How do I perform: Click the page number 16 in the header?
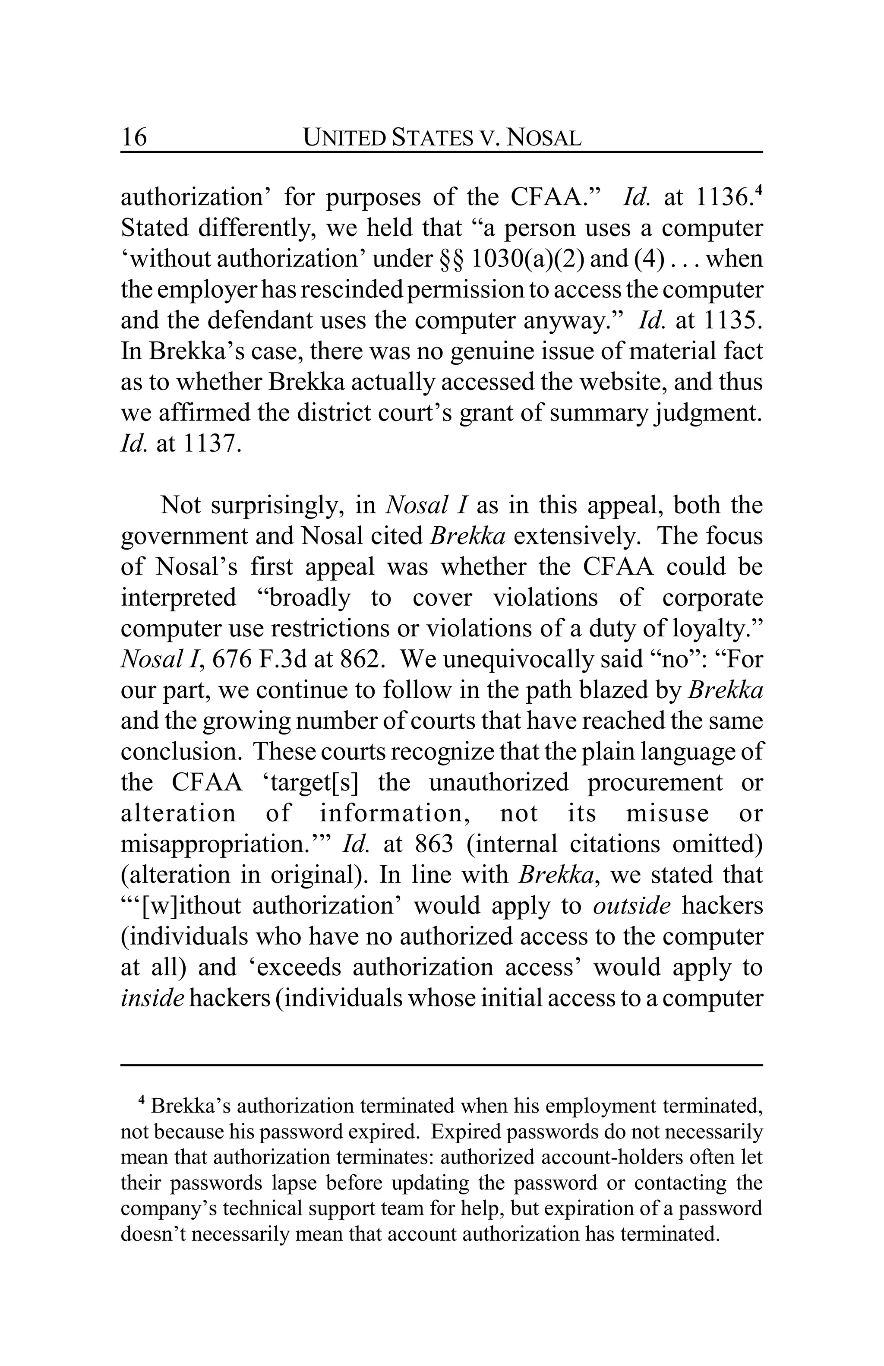pyautogui.click(x=134, y=138)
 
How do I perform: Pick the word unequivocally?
pyautogui.click(x=518, y=659)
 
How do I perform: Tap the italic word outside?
pyautogui.click(x=631, y=906)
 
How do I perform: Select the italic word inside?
pyautogui.click(x=152, y=998)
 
